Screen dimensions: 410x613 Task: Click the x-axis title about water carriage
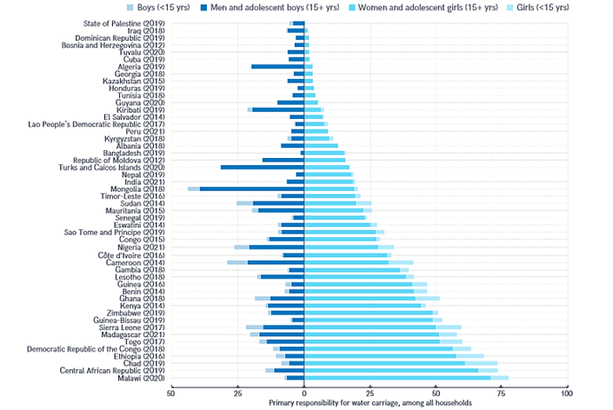370,404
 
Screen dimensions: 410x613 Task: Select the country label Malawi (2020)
142,378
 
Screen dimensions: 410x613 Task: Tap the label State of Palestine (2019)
125,23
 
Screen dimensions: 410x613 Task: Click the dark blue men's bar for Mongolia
251,188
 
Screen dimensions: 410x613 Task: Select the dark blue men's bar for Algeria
277,66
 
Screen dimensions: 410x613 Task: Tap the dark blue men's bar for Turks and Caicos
262,167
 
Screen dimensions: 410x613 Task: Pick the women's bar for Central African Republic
391,370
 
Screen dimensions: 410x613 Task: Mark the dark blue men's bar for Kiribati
277,109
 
